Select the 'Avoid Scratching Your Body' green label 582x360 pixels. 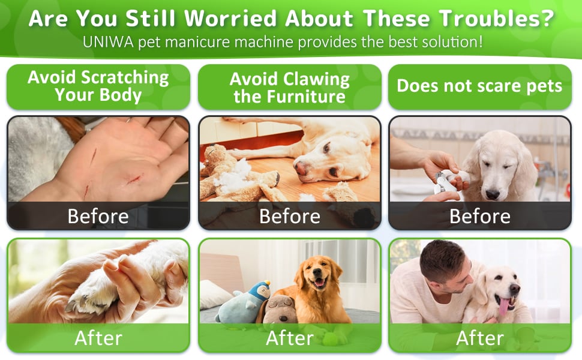[x=98, y=86]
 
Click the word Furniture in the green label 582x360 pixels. [x=289, y=97]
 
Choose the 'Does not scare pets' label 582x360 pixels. [x=479, y=86]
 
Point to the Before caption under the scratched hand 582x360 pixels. [x=98, y=216]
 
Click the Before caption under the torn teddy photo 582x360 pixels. [x=289, y=216]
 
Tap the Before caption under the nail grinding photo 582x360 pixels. [x=479, y=216]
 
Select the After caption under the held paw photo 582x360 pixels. [x=98, y=338]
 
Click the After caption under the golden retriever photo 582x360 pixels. [x=289, y=338]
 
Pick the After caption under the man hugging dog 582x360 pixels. [x=479, y=338]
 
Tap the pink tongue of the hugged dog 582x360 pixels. [x=503, y=305]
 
